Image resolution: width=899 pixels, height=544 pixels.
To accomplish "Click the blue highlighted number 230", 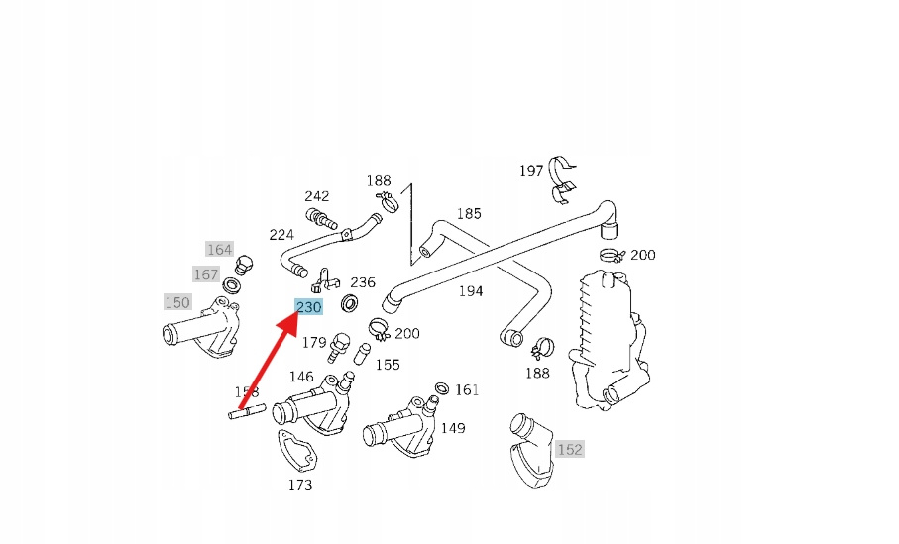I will pyautogui.click(x=309, y=307).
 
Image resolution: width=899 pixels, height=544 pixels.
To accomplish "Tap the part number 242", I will pyautogui.click(x=317, y=196).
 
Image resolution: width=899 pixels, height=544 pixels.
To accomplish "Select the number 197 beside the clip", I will pyautogui.click(x=531, y=171).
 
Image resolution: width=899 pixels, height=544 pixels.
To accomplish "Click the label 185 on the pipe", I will pyautogui.click(x=469, y=213).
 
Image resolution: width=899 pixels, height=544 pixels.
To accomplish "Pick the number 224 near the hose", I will pyautogui.click(x=281, y=235).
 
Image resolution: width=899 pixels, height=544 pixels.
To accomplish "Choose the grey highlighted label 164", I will pyautogui.click(x=219, y=250).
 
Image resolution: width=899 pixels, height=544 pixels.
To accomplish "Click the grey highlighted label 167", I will pyautogui.click(x=206, y=274).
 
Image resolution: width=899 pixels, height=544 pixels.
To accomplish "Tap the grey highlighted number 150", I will pyautogui.click(x=177, y=301).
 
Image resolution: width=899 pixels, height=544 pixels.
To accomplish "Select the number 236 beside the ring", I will pyautogui.click(x=363, y=282).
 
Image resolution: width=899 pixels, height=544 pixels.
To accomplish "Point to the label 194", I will pyautogui.click(x=471, y=291).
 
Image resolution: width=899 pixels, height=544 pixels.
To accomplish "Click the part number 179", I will pyautogui.click(x=314, y=343).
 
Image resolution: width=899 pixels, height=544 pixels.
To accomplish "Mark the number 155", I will pyautogui.click(x=388, y=365).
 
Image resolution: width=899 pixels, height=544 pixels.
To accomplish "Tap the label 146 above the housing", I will pyautogui.click(x=301, y=377).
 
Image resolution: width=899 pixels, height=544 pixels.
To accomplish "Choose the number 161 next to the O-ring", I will pyautogui.click(x=467, y=390).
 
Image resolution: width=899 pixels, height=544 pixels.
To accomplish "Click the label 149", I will pyautogui.click(x=453, y=428).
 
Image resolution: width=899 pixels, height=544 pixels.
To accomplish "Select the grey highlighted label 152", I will pyautogui.click(x=570, y=449).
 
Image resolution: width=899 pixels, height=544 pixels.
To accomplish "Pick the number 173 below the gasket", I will pyautogui.click(x=300, y=485).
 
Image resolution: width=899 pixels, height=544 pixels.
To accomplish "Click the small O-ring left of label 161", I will pyautogui.click(x=441, y=386).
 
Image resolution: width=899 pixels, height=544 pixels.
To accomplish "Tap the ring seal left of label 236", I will pyautogui.click(x=351, y=302).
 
